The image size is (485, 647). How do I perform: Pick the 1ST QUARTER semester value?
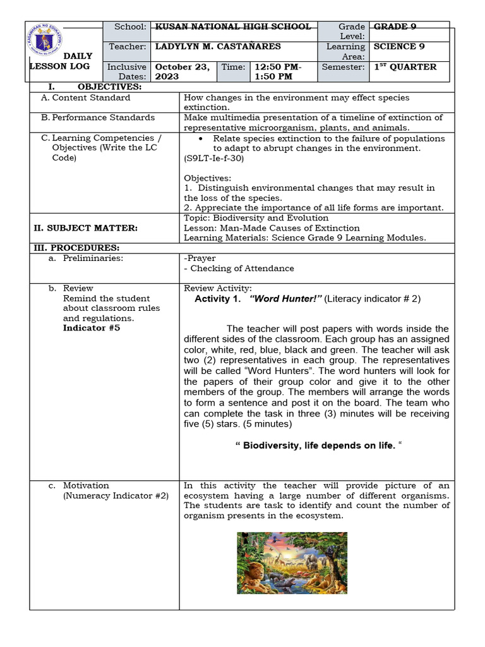tap(405, 67)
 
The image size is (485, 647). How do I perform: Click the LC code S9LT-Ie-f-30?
tap(214, 159)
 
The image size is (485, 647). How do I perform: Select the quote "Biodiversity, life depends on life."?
tap(318, 446)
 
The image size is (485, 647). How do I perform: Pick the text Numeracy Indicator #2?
tap(116, 496)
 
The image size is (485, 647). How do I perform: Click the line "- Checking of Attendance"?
tap(239, 269)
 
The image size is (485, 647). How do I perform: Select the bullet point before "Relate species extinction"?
tap(200, 138)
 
